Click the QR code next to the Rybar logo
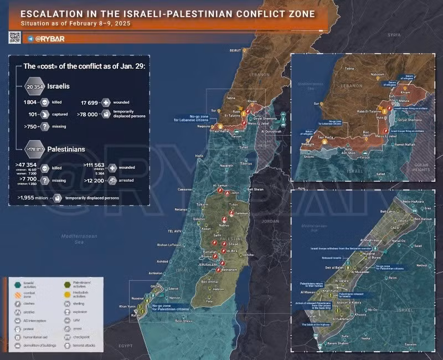[15, 37]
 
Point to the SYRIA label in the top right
[394, 34]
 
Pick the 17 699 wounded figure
[90, 102]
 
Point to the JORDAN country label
[270, 221]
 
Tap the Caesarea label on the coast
[184, 189]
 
